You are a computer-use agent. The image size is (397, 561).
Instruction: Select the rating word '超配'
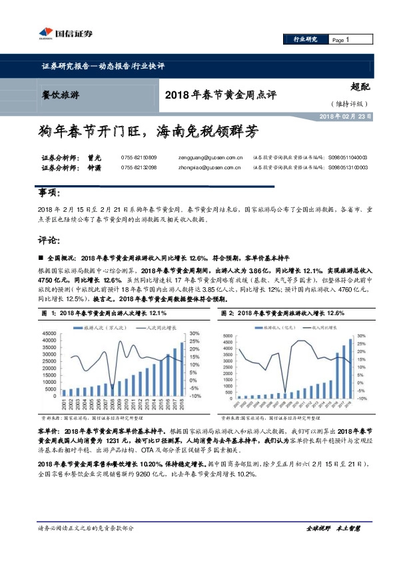coord(360,86)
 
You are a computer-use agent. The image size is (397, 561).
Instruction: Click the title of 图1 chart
coord(104,312)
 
